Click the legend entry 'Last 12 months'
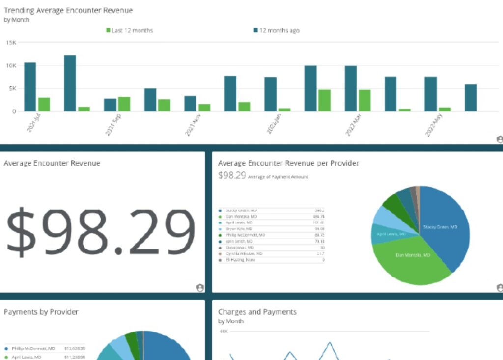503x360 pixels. click(130, 30)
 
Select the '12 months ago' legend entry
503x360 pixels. click(277, 30)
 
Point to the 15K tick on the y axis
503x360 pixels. click(10, 43)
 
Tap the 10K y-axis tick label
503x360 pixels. click(10, 66)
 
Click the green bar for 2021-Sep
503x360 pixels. click(124, 104)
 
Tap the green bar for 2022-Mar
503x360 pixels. click(364, 100)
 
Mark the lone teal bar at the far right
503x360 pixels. click(471, 98)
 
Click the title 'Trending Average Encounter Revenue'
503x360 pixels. click(68, 10)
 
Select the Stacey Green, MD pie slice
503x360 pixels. click(442, 226)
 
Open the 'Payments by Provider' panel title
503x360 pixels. click(41, 312)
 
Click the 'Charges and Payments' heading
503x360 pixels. click(257, 312)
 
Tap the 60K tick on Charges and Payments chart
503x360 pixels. click(224, 332)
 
